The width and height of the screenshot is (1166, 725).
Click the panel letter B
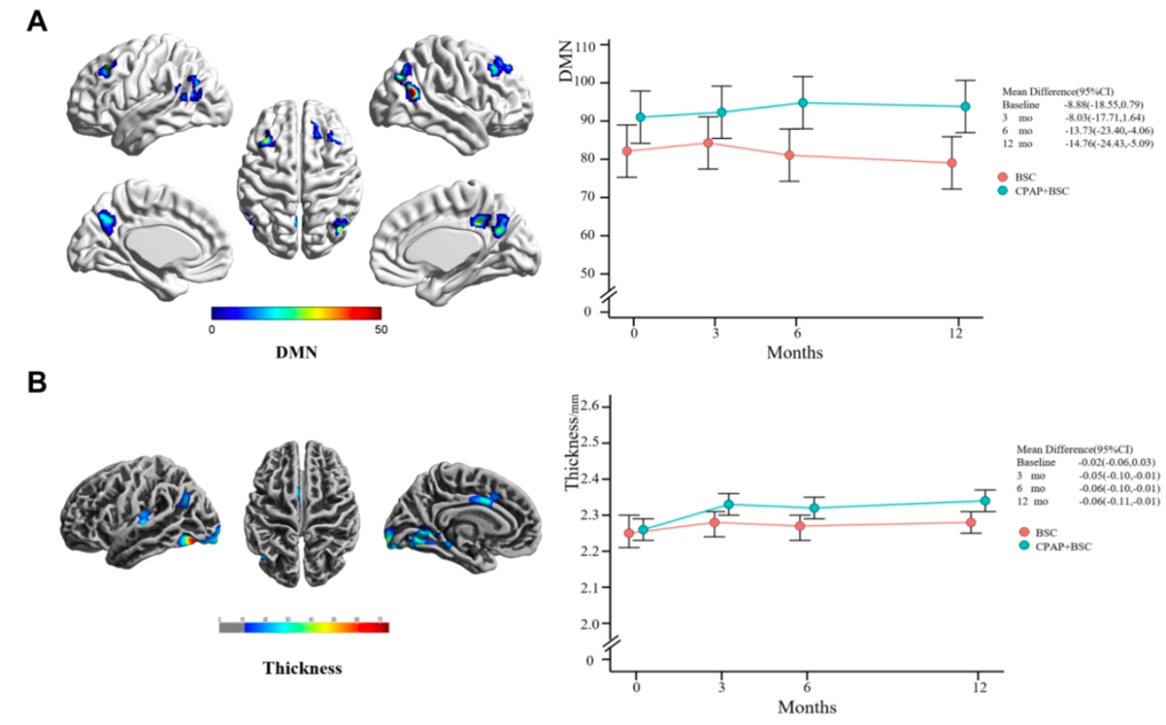pos(36,381)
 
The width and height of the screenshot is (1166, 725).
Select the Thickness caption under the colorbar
pos(303,669)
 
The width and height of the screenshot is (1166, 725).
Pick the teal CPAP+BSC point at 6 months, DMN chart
pos(803,103)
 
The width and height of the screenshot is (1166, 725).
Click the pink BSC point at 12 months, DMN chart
pos(952,163)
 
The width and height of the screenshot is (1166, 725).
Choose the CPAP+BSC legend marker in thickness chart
pos(1023,547)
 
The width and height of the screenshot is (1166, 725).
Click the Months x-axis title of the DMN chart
pos(795,352)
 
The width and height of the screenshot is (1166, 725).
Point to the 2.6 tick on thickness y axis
pos(589,407)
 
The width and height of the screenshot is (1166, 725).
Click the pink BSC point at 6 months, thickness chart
pos(800,526)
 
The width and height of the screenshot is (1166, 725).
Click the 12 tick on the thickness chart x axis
pos(979,687)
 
